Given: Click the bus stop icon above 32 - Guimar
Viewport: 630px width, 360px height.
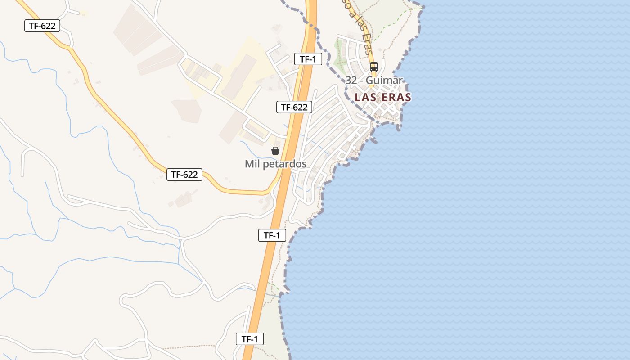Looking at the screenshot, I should click(373, 67).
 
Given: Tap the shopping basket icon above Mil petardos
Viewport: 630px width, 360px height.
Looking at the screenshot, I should click(275, 151).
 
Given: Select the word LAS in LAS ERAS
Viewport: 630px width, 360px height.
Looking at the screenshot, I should click(365, 97).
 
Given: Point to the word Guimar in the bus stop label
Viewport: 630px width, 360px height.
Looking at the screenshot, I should click(384, 81).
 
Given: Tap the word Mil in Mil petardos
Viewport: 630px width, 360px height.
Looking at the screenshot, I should click(252, 164).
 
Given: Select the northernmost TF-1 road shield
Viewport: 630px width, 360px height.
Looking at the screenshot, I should click(308, 58).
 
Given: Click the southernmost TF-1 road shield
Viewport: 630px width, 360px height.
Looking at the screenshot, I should click(250, 339).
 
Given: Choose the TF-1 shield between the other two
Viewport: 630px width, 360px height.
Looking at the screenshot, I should click(272, 235).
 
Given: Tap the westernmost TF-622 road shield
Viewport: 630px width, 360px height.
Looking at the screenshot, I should click(42, 26).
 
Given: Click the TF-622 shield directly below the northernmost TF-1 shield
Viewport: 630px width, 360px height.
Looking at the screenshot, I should click(294, 107).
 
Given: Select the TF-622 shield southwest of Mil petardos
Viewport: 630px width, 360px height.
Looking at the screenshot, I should click(184, 175).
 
